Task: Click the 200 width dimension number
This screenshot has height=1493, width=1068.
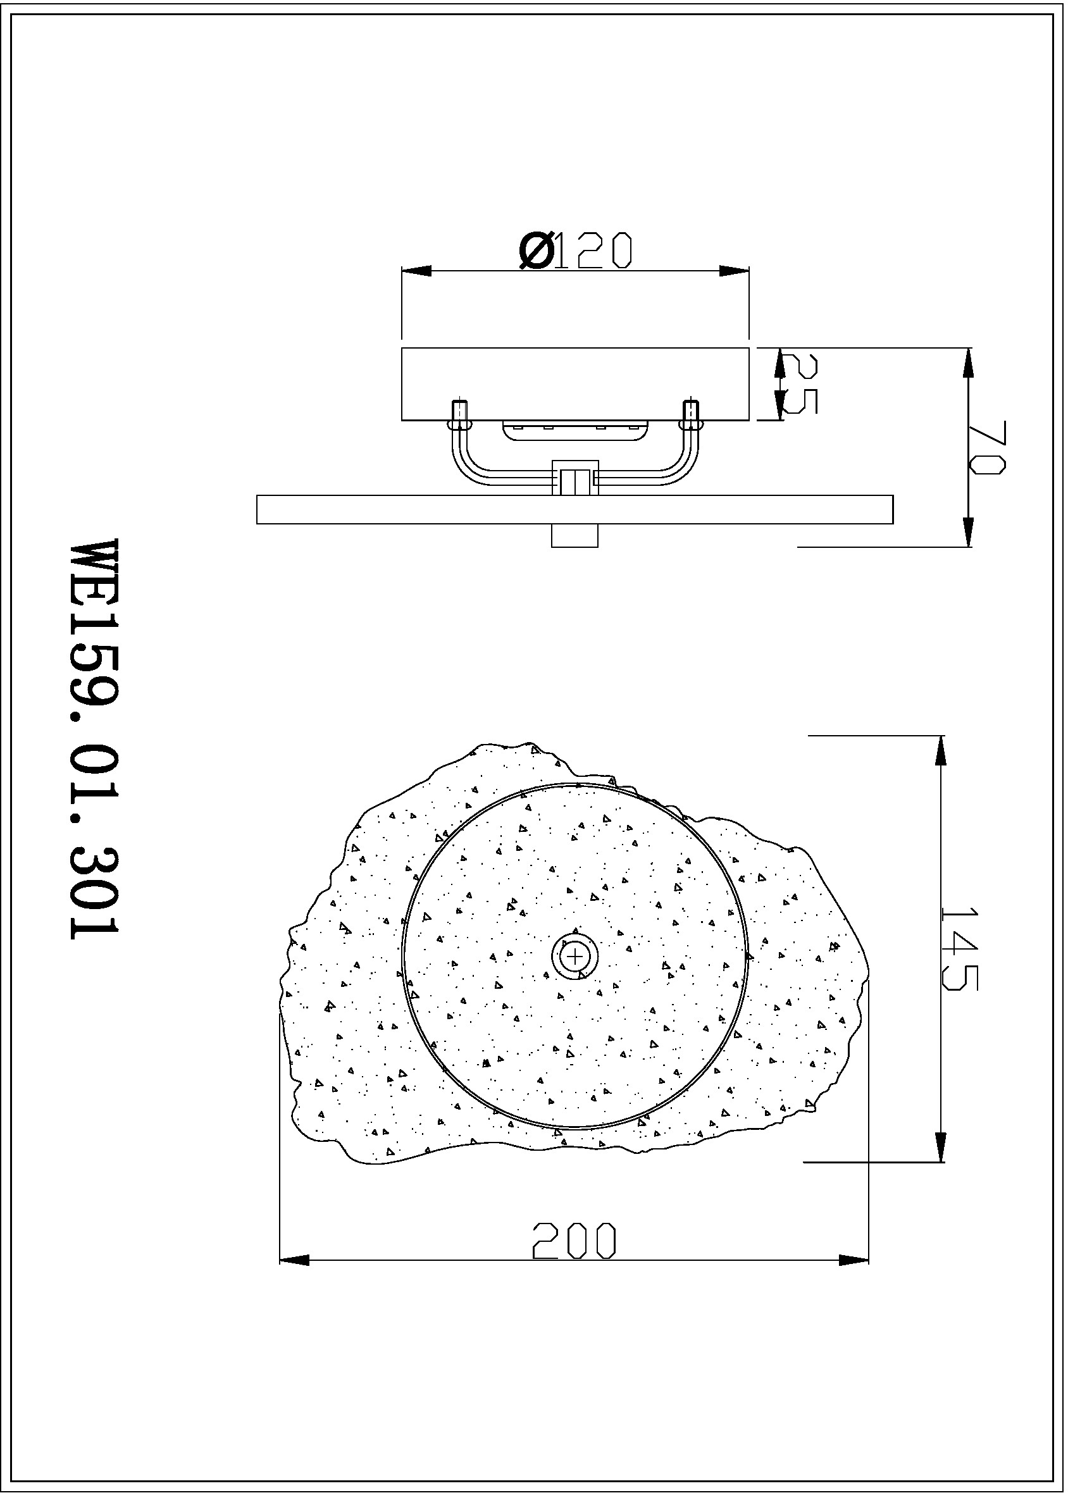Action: pos(574,1241)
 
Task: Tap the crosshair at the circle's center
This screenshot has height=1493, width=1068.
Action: pos(575,955)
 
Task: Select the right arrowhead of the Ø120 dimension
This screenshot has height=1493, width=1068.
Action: pos(735,271)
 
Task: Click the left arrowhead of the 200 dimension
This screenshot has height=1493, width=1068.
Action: pos(294,1260)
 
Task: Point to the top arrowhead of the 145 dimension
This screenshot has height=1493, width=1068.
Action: pos(940,750)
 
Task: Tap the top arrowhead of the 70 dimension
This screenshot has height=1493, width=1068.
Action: pos(967,363)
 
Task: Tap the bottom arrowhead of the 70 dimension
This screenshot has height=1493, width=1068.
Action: pos(967,532)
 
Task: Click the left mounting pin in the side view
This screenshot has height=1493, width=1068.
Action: pos(460,413)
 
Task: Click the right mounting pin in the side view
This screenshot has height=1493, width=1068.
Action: pos(691,413)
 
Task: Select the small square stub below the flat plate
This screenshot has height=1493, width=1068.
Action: pos(574,535)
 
